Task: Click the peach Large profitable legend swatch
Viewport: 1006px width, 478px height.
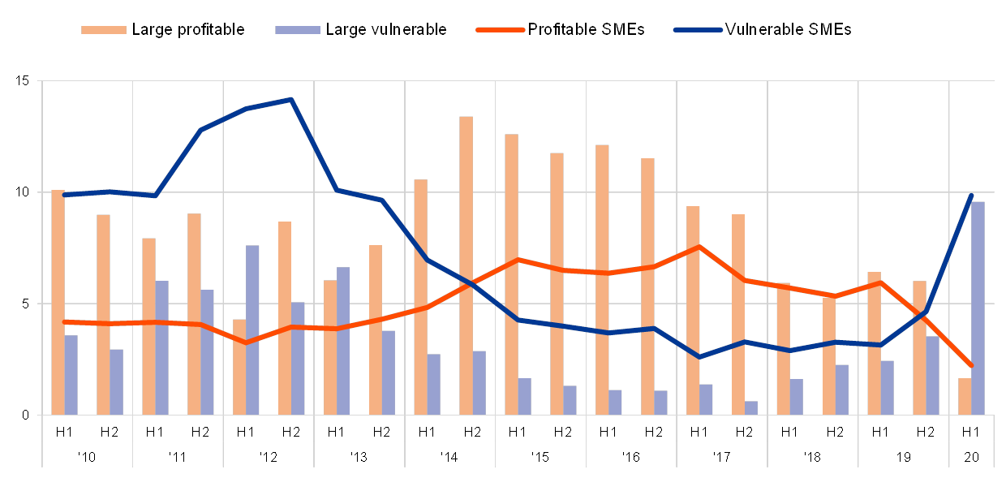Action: (x=104, y=30)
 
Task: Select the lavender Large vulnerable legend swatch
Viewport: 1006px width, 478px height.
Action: (x=298, y=30)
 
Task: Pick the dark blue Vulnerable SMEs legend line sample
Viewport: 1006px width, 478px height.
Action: (x=697, y=30)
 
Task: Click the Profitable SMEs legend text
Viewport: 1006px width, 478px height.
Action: (x=589, y=30)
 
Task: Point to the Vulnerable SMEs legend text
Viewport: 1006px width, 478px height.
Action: (x=789, y=30)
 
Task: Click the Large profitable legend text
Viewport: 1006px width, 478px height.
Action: (x=187, y=30)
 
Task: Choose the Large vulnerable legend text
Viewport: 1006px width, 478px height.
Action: (x=389, y=30)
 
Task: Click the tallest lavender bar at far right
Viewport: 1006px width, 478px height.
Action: (x=978, y=308)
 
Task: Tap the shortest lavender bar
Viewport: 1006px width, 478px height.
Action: (x=750, y=407)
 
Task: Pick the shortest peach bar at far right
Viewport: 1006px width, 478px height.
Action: (x=964, y=396)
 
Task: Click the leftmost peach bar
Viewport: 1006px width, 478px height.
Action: (x=58, y=302)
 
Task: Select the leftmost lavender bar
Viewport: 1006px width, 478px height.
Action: (x=71, y=374)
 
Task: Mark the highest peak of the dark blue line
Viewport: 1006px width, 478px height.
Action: (x=290, y=100)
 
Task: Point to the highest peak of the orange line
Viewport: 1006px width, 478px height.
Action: (x=699, y=246)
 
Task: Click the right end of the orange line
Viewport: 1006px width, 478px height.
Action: (x=970, y=366)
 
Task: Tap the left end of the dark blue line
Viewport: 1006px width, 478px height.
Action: (x=64, y=195)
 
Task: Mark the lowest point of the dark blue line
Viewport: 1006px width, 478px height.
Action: (x=699, y=357)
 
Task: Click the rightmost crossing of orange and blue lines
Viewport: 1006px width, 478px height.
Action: (x=923, y=314)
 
